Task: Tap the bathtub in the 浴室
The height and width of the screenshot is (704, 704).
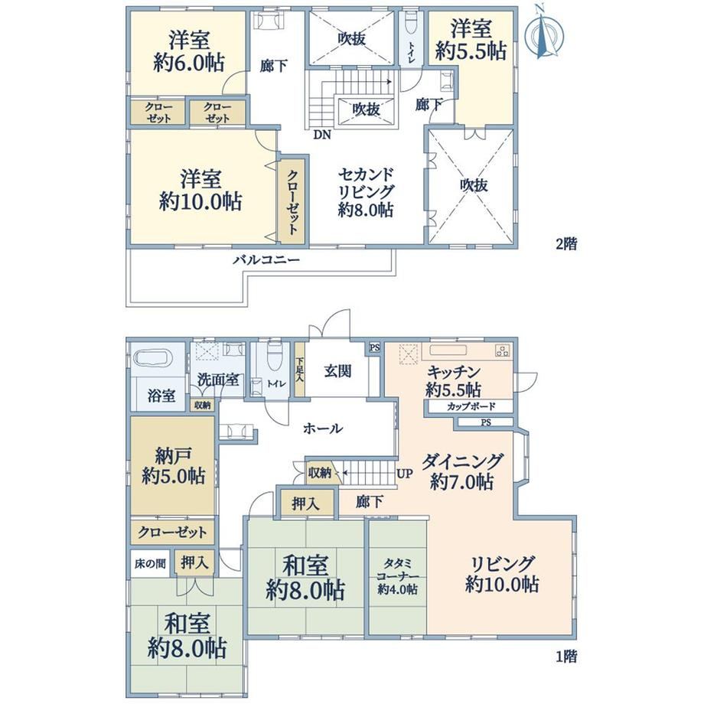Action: (x=154, y=359)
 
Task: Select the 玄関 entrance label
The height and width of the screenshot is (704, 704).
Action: (x=337, y=371)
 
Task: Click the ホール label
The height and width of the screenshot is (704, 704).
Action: (x=323, y=429)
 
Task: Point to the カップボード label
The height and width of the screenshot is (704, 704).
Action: (x=471, y=407)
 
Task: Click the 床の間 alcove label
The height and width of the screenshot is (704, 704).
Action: (x=151, y=563)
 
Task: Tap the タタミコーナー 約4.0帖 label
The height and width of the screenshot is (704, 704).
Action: (x=398, y=576)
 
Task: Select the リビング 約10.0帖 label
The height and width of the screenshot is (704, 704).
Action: (x=502, y=574)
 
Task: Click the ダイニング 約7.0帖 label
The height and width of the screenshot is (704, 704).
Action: (x=462, y=471)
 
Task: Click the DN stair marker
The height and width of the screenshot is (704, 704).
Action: (x=322, y=134)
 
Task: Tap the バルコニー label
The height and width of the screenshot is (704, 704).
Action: (x=266, y=260)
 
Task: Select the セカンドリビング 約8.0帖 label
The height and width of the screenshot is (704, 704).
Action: (x=366, y=192)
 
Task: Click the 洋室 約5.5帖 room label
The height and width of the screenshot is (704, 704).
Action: (x=471, y=40)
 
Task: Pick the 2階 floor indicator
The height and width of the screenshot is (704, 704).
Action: (x=566, y=244)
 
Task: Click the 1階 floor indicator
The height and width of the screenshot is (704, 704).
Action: (x=566, y=657)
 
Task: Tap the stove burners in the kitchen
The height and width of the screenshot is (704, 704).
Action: (x=503, y=350)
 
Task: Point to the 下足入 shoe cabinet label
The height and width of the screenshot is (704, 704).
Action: (x=299, y=370)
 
